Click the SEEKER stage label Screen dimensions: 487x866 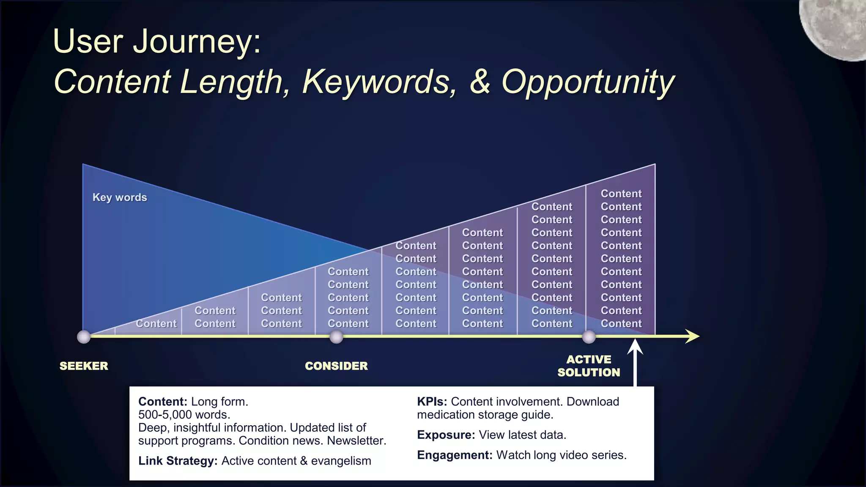pos(84,366)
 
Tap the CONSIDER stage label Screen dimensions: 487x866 pos(336,366)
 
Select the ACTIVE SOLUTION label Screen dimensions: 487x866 pos(589,366)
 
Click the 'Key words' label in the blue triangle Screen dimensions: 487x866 pos(120,197)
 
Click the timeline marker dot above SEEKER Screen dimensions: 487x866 pos(84,337)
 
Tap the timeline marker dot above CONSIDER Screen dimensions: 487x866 pos(336,337)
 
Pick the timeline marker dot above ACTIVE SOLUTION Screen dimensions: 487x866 pos(589,337)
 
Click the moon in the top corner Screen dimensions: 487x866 pos(835,25)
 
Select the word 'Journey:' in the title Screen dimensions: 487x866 pos(197,41)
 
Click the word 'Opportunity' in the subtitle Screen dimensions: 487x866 pos(588,82)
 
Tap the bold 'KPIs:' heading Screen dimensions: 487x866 pos(432,402)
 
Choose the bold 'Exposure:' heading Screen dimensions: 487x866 pos(446,435)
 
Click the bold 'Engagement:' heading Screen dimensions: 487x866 pos(455,455)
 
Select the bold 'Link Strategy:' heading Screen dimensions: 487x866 pos(178,461)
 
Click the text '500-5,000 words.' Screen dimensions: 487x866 pos(184,415)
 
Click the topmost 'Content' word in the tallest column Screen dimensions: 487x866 pos(621,194)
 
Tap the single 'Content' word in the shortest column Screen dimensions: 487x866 pos(156,324)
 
